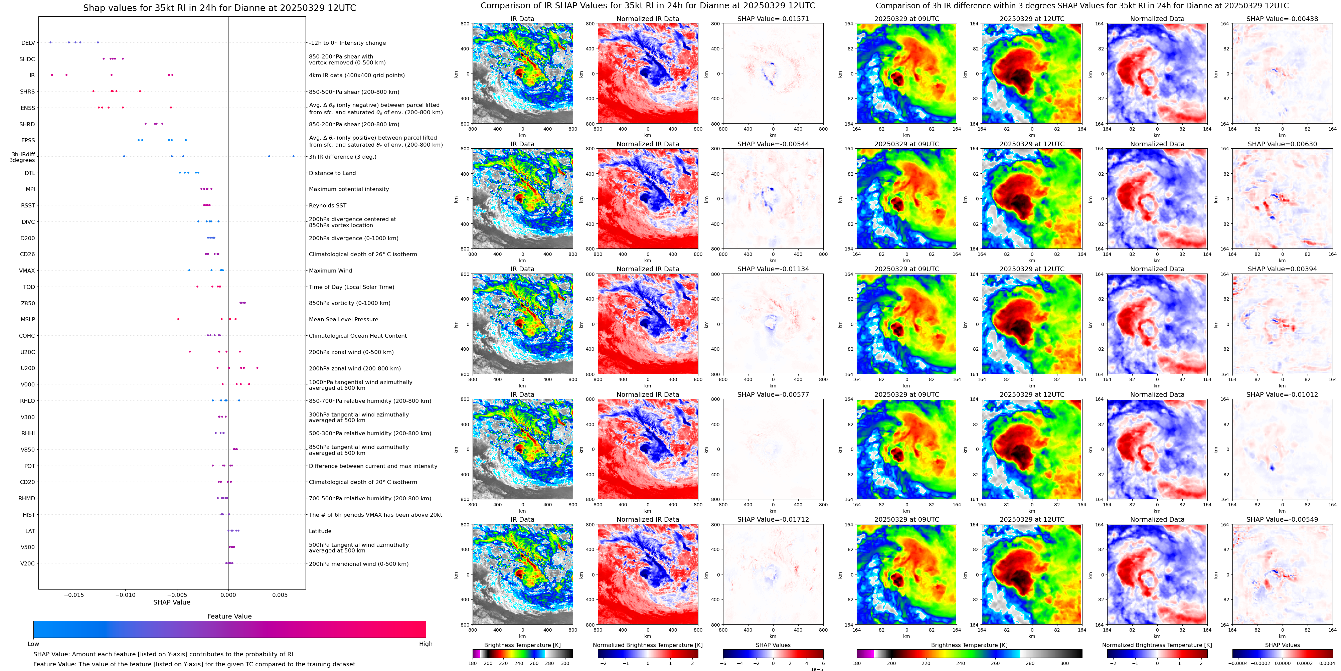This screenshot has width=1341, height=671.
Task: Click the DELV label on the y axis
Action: click(x=28, y=43)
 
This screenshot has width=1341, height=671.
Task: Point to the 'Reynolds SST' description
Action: click(x=327, y=206)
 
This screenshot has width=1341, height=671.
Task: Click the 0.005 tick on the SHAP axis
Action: click(x=280, y=595)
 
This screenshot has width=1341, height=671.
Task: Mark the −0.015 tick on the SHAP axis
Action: click(x=73, y=595)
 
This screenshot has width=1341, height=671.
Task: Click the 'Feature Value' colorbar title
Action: click(x=229, y=616)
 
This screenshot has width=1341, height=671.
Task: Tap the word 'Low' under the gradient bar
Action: click(x=33, y=644)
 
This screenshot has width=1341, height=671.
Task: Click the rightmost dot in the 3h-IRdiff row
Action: click(x=293, y=156)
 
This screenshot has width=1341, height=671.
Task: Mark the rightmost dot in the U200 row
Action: click(x=257, y=368)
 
